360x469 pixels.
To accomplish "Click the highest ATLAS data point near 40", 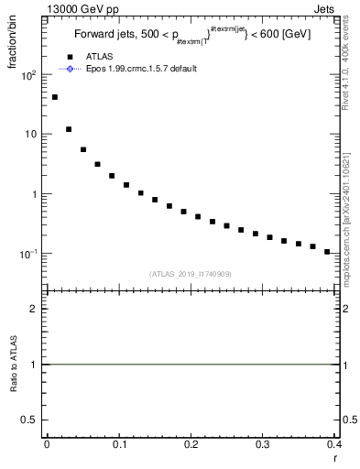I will click(x=55, y=97).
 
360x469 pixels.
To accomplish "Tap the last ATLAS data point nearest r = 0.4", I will click(x=327, y=251).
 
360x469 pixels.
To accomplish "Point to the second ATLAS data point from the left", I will click(x=69, y=129).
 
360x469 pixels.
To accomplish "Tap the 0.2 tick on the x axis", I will click(x=191, y=446).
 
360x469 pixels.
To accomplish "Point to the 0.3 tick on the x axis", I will click(x=263, y=446).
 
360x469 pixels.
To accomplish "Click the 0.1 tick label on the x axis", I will click(x=119, y=446).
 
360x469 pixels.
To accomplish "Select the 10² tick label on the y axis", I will click(x=28, y=75).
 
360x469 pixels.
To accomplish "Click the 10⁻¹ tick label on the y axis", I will click(x=28, y=254).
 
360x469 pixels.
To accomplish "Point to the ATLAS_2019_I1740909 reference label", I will click(x=190, y=273).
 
